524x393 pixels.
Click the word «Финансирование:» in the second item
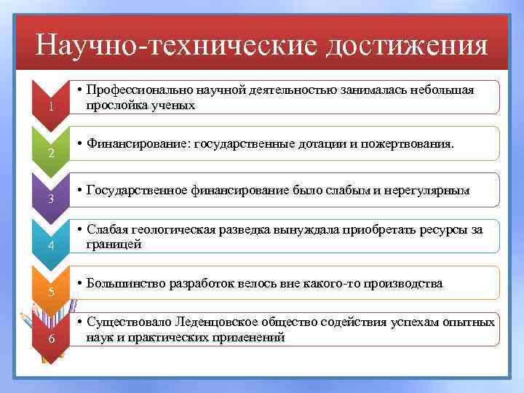[135, 144]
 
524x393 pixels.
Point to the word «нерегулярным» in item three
[429, 191]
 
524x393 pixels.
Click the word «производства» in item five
[401, 284]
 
